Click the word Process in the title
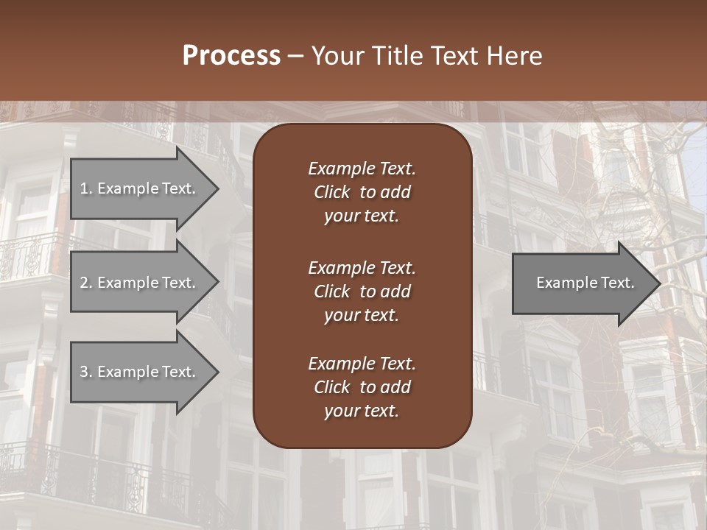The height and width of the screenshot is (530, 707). (x=231, y=56)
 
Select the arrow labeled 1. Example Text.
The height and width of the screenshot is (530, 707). (x=138, y=188)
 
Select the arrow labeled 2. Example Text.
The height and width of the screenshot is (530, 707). (x=138, y=283)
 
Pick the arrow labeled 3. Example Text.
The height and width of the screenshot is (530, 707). (x=138, y=372)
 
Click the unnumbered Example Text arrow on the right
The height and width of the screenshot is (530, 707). (x=585, y=283)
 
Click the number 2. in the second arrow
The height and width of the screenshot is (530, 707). (x=85, y=283)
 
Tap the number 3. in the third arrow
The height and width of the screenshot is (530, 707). (x=85, y=372)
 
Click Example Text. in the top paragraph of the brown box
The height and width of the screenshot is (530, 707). (x=362, y=169)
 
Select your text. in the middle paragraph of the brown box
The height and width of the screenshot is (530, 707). (x=362, y=315)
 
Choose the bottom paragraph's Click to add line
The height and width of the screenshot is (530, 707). (x=362, y=387)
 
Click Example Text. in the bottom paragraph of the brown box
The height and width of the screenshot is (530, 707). (x=362, y=364)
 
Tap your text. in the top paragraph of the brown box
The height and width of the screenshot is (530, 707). (x=362, y=216)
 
